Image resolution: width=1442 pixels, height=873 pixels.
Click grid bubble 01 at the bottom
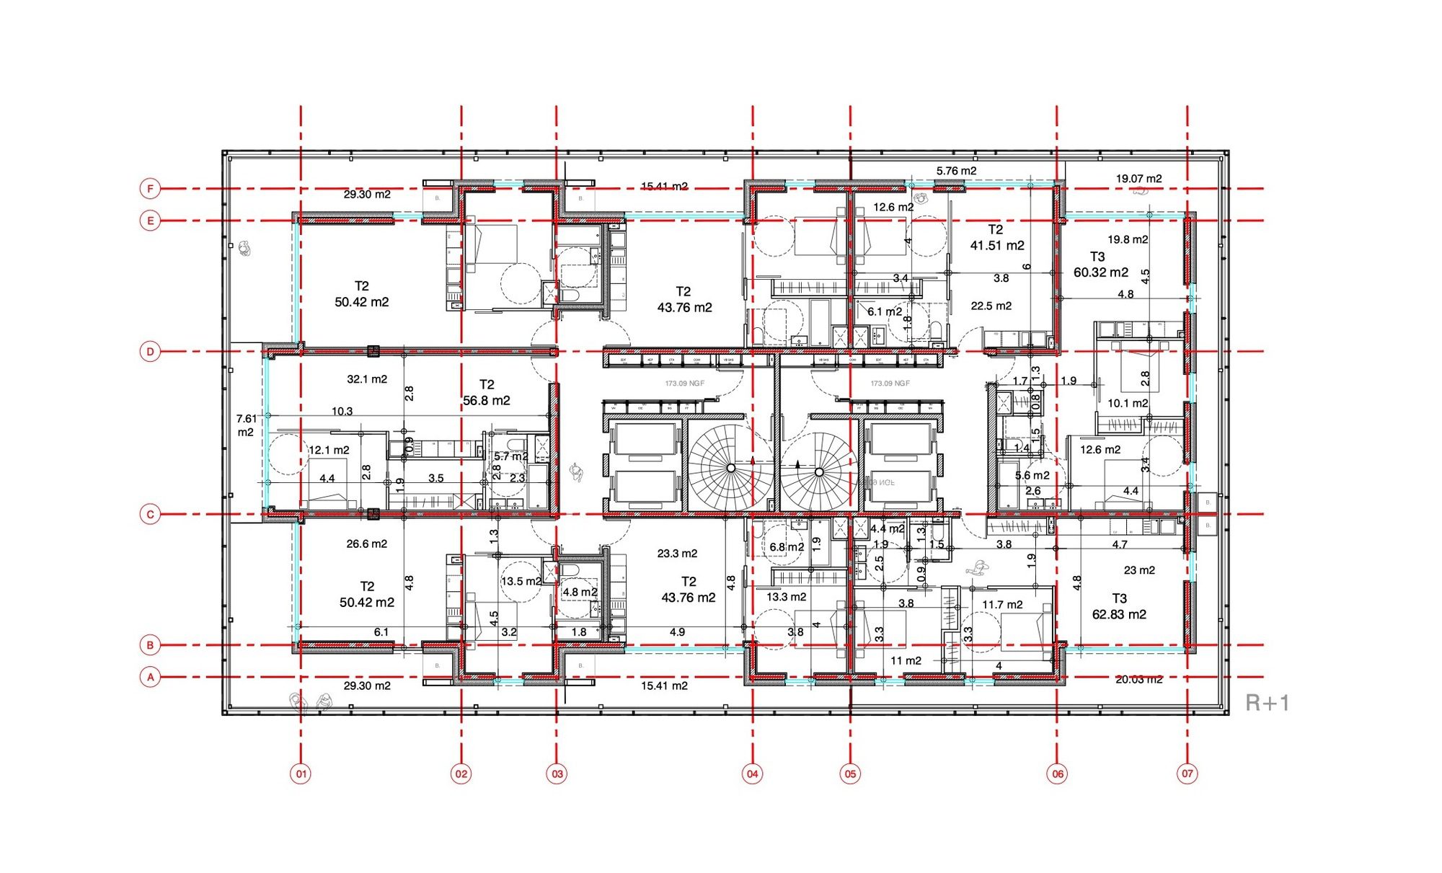coord(301,774)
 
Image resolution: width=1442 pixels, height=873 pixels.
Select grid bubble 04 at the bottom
coord(752,774)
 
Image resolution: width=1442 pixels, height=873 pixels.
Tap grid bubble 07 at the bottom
coord(1187,774)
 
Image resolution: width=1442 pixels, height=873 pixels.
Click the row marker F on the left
coord(150,189)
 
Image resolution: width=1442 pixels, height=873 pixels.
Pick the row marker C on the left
coord(150,515)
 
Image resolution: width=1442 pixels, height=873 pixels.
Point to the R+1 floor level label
coord(1267,703)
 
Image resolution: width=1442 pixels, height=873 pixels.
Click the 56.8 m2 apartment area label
coord(487,400)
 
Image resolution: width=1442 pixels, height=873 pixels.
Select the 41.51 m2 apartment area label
coord(997,245)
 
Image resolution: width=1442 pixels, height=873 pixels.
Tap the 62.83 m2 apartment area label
coord(1119,614)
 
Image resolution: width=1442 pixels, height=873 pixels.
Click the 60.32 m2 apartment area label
coord(1100,272)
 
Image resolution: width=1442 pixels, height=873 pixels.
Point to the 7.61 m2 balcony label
coord(246,425)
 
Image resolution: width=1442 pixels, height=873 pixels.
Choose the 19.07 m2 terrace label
coord(1138,179)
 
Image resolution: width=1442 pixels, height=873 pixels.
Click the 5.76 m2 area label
coord(956,171)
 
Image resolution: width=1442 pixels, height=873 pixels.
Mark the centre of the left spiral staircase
coord(730,469)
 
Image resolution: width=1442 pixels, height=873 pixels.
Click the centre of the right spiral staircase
coord(819,471)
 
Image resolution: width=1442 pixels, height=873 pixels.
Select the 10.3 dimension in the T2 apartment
coord(342,412)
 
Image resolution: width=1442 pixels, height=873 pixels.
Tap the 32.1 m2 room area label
coord(367,379)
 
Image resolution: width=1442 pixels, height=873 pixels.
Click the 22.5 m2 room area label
coord(991,306)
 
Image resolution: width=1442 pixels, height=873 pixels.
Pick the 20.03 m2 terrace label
coord(1138,679)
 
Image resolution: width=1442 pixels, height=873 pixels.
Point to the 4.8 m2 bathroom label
coord(580,592)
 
